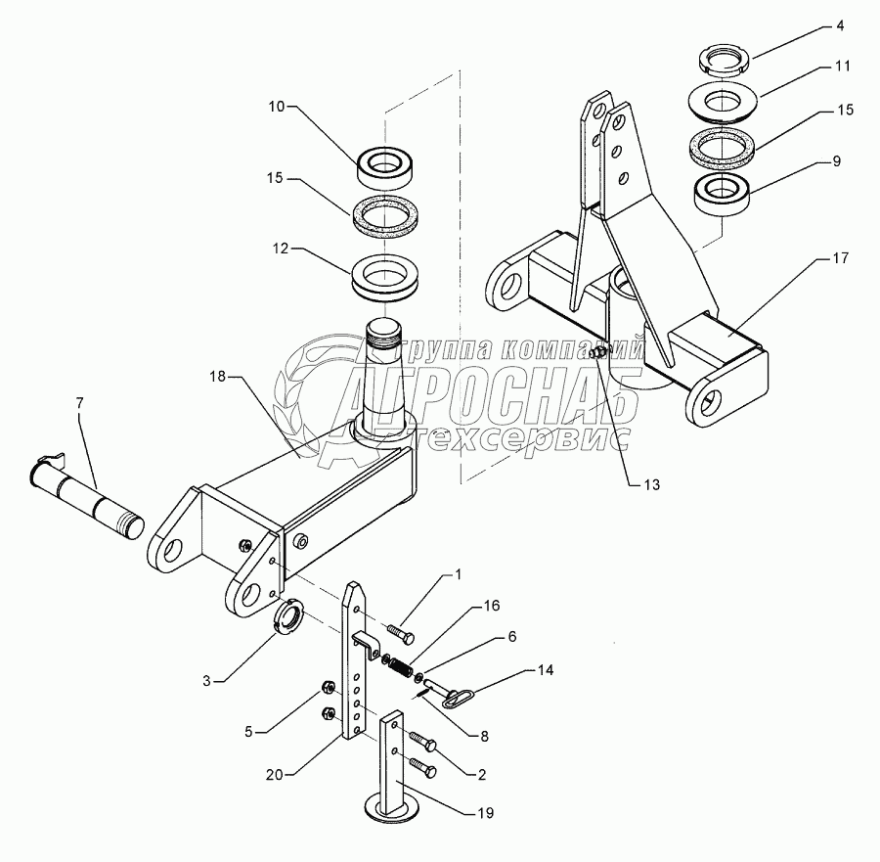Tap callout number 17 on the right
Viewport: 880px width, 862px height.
point(841,258)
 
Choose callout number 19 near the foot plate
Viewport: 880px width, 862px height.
point(486,813)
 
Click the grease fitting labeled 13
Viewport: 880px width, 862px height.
point(599,353)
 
